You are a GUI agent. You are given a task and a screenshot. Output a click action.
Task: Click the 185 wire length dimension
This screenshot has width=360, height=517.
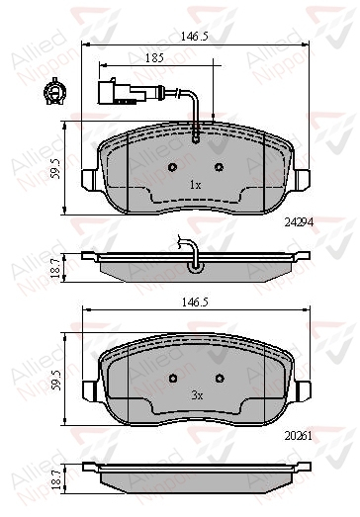(x=154, y=57)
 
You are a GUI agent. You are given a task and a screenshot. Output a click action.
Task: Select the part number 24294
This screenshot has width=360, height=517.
(x=299, y=222)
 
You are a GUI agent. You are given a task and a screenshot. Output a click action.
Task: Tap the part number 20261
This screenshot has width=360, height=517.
(x=299, y=436)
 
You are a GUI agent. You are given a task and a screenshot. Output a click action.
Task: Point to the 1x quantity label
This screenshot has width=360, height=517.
(x=195, y=185)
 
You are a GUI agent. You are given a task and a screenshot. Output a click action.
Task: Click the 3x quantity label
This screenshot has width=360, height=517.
(x=197, y=395)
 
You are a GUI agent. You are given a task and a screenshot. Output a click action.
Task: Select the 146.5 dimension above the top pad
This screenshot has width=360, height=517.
(x=195, y=37)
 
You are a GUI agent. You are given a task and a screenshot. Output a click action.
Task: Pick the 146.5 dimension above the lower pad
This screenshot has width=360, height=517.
(x=195, y=302)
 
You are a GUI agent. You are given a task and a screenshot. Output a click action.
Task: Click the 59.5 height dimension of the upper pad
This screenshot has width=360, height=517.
(x=55, y=168)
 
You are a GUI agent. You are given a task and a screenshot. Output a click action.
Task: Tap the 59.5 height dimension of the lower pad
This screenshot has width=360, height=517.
(x=55, y=380)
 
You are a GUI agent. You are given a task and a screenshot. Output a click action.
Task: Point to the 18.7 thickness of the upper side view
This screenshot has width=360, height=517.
(x=55, y=268)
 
